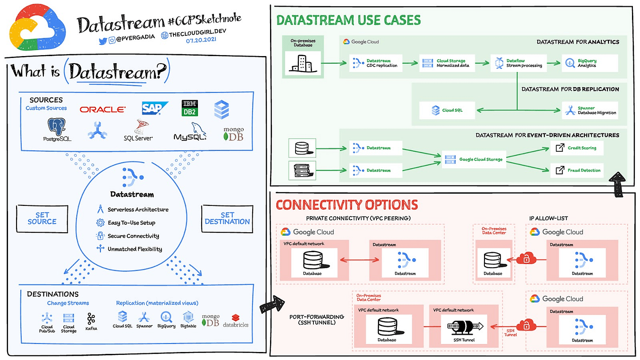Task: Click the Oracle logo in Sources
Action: coord(102,109)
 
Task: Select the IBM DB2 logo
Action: coord(189,108)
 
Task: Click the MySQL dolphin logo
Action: coord(190,131)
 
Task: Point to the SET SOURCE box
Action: coord(42,219)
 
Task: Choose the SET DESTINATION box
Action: coord(227,219)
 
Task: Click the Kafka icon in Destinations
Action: coord(91,321)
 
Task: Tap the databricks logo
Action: coord(235,321)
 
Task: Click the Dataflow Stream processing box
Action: coord(518,63)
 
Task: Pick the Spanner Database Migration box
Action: coord(591,110)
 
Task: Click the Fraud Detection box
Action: coord(577,170)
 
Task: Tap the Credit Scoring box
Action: coord(577,148)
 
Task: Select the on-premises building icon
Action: coord(302,64)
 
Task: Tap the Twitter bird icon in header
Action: coord(103,41)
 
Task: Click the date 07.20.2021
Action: coord(199,41)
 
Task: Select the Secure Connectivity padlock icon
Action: coord(100,236)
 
